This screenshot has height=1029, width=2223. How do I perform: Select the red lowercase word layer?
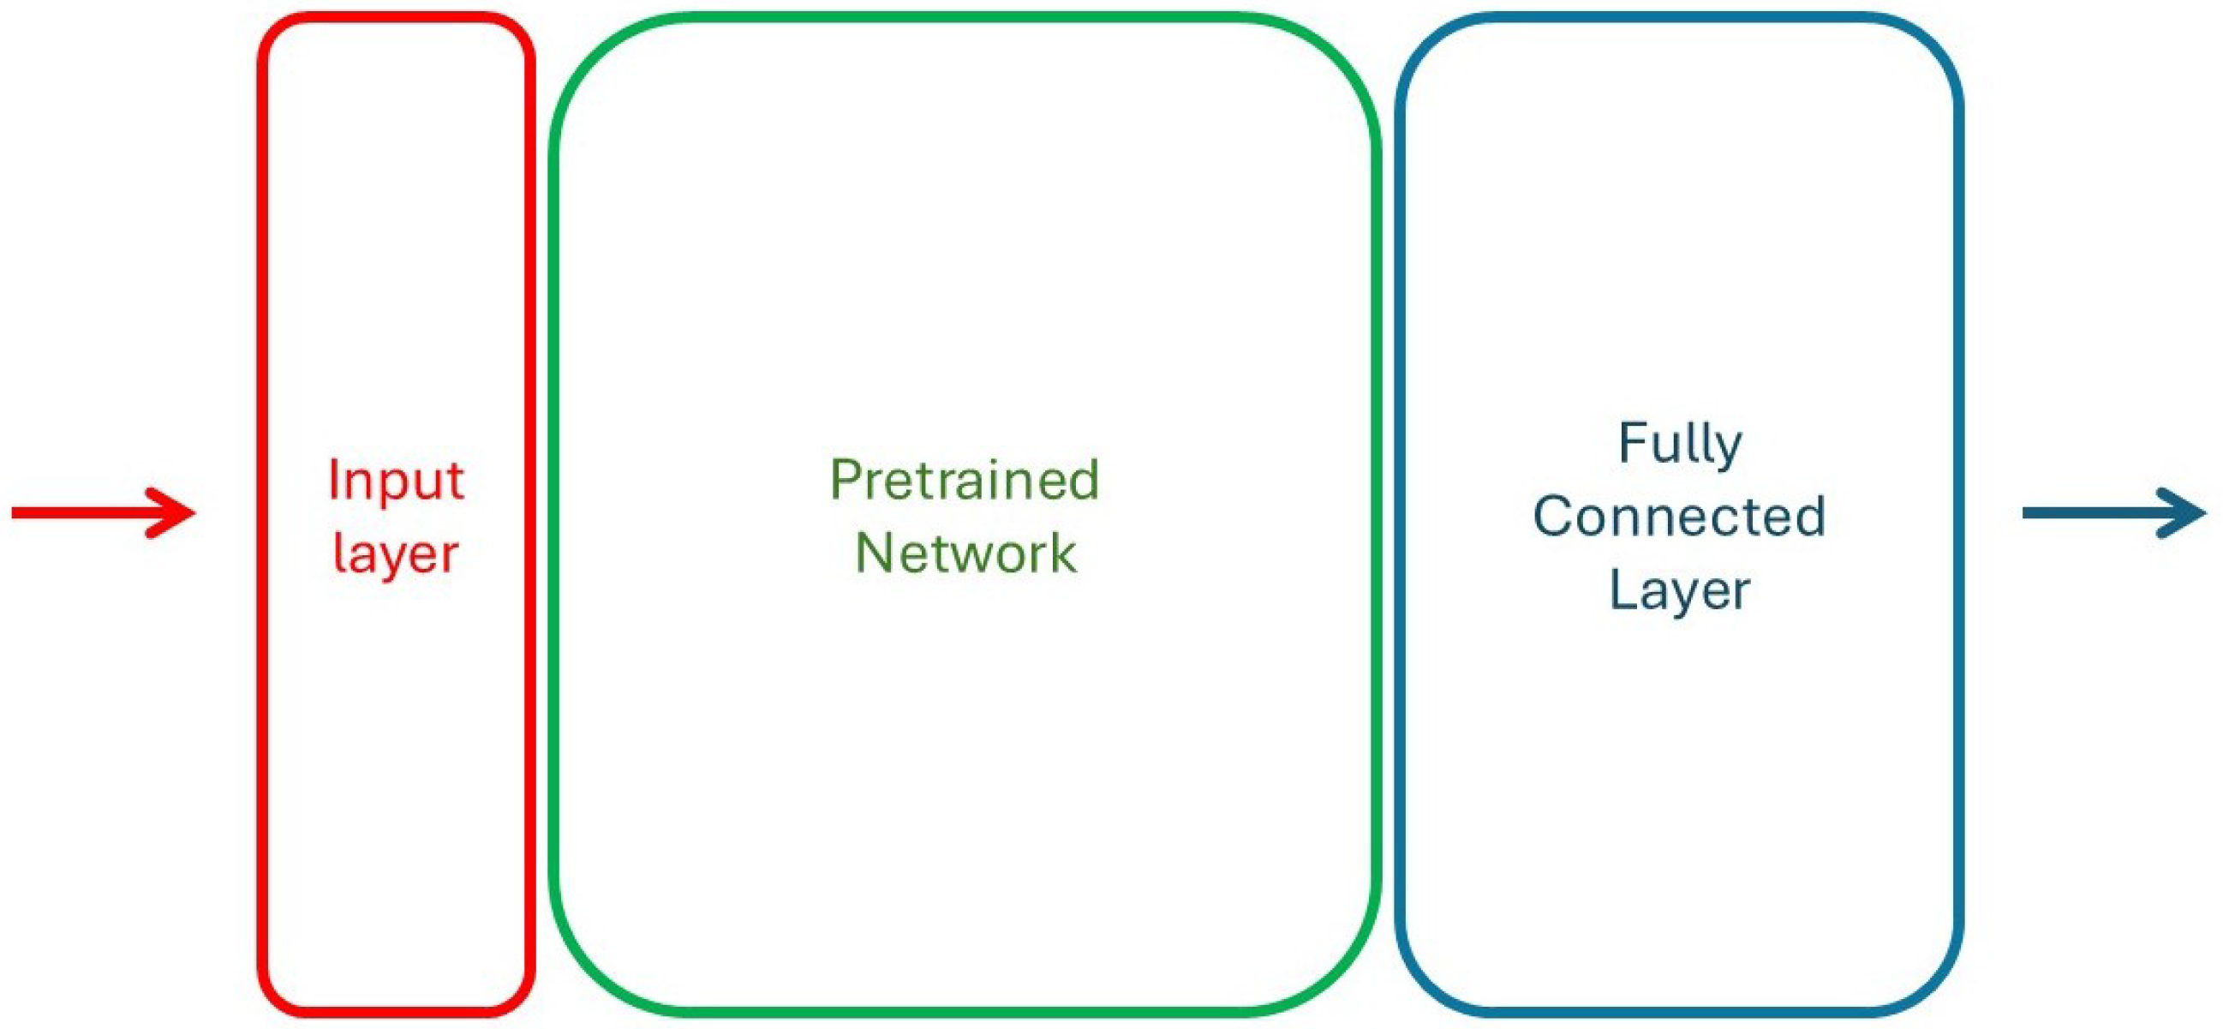click(395, 554)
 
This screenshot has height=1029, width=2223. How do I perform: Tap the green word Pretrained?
click(965, 480)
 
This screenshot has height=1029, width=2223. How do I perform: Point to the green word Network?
click(965, 553)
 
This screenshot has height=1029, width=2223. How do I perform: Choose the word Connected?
click(1679, 517)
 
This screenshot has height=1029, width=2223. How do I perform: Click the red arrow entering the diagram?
click(104, 513)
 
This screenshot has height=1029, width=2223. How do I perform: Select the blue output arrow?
click(2114, 513)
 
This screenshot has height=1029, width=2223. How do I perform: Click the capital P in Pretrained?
click(846, 480)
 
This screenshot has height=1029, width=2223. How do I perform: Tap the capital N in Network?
click(873, 553)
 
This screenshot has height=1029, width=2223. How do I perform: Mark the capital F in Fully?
click(1633, 444)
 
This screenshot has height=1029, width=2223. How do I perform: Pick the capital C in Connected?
click(1553, 517)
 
